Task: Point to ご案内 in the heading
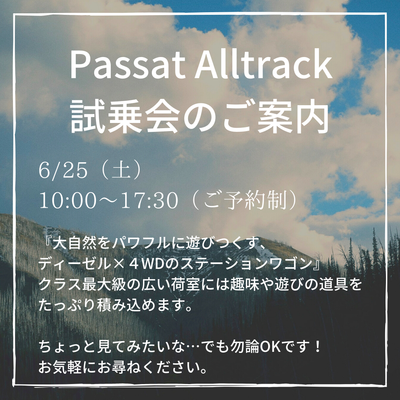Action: tap(276, 116)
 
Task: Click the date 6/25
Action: tap(63, 171)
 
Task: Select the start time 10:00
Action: tap(68, 200)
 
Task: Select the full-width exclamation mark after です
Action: tap(318, 347)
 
